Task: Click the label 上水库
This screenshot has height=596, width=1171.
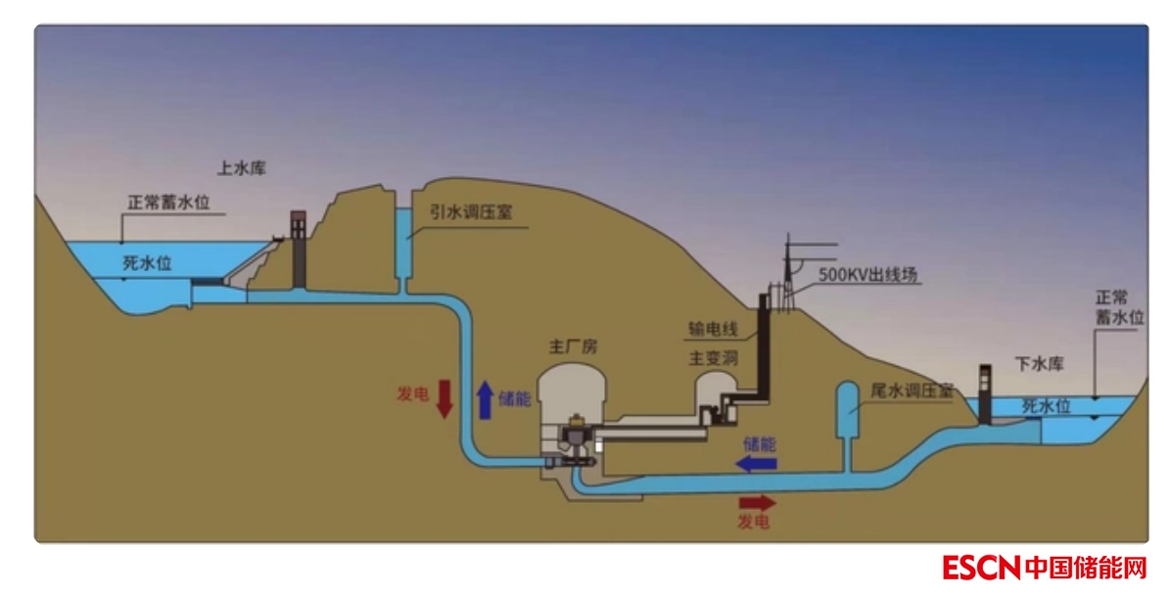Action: click(x=241, y=167)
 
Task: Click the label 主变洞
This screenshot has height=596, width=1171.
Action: click(x=713, y=358)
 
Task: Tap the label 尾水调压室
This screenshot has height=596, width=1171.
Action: click(x=912, y=390)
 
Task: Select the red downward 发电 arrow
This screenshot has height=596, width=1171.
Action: click(x=444, y=399)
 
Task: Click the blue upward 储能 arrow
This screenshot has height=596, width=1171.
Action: click(x=484, y=399)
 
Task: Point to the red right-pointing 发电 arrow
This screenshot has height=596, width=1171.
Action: click(x=756, y=504)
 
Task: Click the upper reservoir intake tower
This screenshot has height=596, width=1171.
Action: click(x=298, y=249)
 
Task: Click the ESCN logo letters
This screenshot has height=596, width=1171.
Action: click(x=981, y=567)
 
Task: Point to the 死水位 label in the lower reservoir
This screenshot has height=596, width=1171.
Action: click(x=1046, y=404)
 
